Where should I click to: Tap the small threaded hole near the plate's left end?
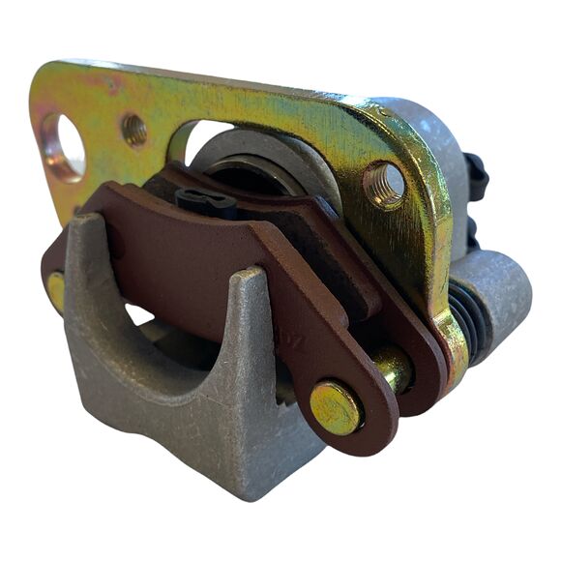pyautogui.click(x=134, y=130)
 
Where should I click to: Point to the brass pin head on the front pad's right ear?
pyautogui.click(x=336, y=406)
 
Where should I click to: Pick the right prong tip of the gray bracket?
pyautogui.click(x=250, y=277)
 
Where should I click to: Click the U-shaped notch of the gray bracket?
pyautogui.click(x=164, y=339)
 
